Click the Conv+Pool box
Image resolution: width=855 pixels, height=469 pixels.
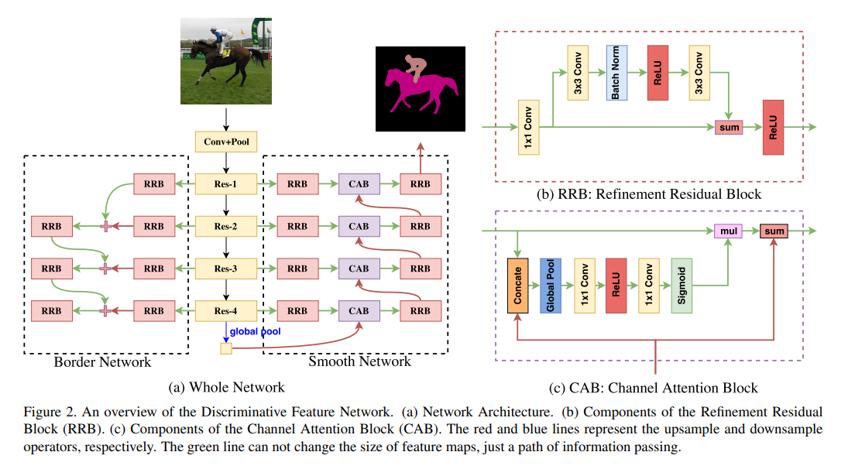click(225, 142)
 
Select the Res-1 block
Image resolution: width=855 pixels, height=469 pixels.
click(225, 184)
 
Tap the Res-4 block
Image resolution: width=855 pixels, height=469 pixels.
click(225, 310)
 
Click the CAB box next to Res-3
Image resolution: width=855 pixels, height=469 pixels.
click(359, 269)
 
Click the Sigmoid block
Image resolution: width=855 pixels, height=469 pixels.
click(682, 285)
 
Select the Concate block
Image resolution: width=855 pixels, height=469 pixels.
click(517, 285)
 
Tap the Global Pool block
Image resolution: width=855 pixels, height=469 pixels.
click(551, 285)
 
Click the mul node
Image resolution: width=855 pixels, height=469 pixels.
click(728, 231)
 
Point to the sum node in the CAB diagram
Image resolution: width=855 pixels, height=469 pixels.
click(774, 231)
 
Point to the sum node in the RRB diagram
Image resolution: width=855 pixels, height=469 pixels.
click(728, 127)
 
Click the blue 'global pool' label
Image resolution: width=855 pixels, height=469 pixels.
click(256, 332)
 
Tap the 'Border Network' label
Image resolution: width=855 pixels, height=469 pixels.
click(102, 361)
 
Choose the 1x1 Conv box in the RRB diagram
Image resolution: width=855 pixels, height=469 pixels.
click(529, 127)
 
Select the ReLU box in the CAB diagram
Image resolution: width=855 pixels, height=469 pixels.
click(616, 285)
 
